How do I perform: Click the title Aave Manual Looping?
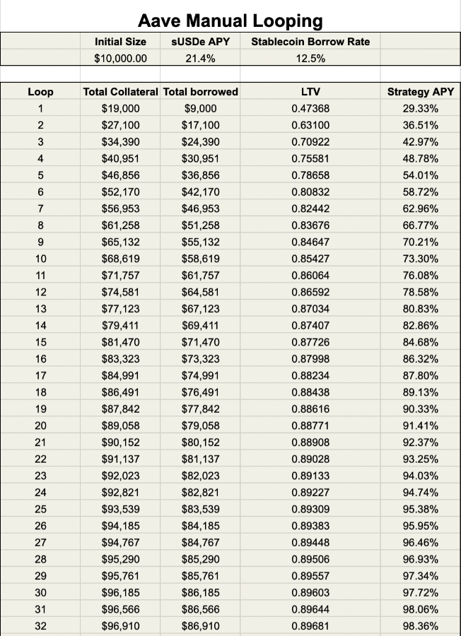[230, 20]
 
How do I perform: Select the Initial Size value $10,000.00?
[120, 59]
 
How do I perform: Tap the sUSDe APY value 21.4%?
[200, 59]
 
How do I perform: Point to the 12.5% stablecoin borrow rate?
[310, 59]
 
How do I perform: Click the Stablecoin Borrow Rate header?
[310, 42]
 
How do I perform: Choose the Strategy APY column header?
[421, 92]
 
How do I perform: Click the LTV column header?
[310, 92]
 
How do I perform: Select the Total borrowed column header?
[200, 92]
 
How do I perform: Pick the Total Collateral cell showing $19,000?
[120, 109]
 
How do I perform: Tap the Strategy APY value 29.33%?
[421, 109]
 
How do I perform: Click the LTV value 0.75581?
[310, 158]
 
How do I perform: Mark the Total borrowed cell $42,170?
[200, 192]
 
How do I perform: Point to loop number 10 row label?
[40, 259]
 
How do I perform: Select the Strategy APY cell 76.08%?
[421, 276]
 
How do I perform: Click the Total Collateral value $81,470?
[120, 342]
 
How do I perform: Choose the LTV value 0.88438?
[310, 392]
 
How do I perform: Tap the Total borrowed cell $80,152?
[200, 442]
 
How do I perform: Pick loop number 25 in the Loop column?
[40, 509]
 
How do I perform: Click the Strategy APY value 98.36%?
[421, 625]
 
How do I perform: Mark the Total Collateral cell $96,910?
[120, 625]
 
